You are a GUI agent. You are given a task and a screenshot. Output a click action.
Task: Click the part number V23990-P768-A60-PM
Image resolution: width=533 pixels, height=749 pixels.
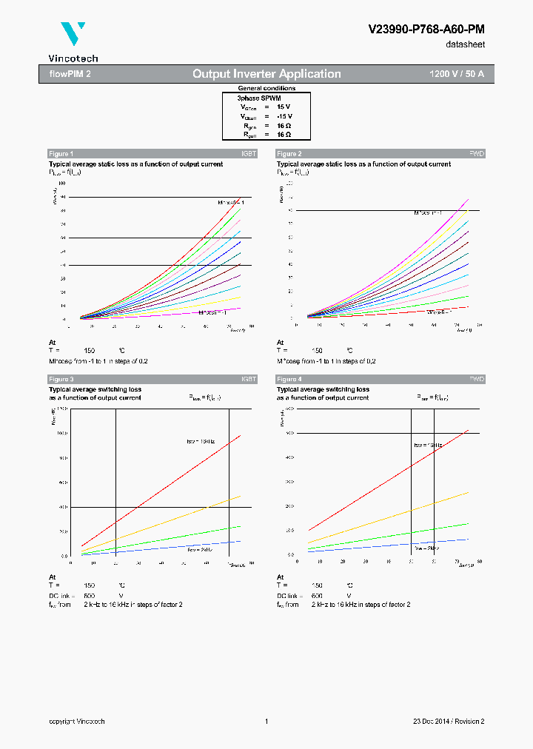[426, 29]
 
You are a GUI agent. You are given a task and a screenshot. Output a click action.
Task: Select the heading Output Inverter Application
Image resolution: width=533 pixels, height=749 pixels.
[266, 74]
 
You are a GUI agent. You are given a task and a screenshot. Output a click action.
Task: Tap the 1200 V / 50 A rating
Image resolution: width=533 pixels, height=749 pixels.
[456, 74]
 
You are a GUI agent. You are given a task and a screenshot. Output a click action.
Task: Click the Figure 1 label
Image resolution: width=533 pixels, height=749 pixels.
[61, 153]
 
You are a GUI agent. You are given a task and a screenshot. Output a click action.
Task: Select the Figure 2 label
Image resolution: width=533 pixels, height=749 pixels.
[289, 153]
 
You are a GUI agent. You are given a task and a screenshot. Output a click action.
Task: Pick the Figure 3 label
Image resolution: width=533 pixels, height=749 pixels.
[61, 379]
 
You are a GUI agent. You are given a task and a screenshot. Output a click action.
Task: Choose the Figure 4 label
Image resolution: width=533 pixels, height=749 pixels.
[289, 379]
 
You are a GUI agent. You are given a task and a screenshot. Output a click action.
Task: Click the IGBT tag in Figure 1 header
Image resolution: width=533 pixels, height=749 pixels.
[249, 153]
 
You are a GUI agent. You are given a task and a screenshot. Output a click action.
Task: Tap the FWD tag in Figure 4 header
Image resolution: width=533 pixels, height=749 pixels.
[477, 379]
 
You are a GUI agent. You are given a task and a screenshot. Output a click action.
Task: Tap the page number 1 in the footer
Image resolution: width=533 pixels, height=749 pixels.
[266, 722]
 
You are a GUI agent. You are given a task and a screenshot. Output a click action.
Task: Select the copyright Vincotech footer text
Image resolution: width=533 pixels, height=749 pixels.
[77, 722]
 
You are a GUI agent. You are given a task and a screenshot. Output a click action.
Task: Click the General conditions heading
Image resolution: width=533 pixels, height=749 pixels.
[266, 88]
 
